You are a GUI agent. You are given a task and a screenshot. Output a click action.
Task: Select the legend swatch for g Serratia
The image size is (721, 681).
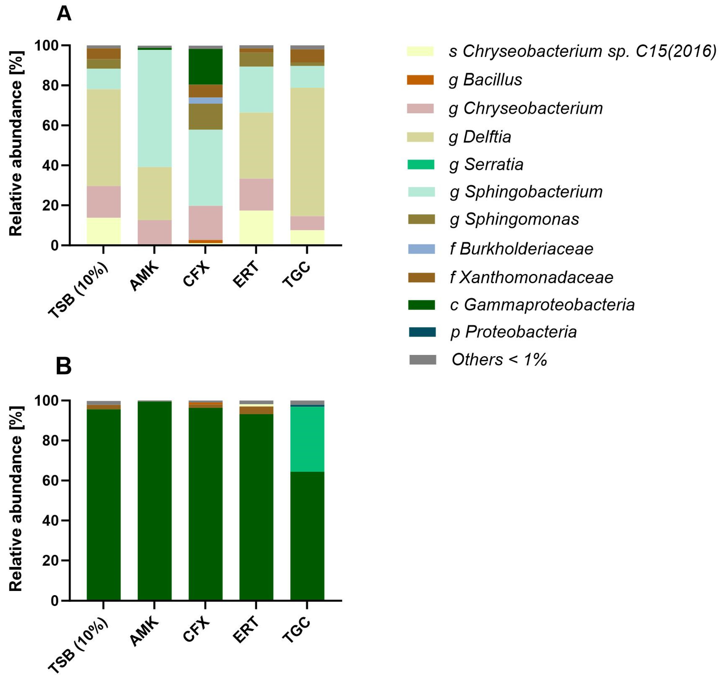[421, 164]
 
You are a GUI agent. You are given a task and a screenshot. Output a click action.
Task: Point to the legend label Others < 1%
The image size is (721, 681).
[499, 360]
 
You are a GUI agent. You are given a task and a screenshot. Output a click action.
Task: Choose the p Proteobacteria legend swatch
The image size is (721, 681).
[422, 332]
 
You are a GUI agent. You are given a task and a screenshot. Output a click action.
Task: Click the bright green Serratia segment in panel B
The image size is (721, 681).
[307, 439]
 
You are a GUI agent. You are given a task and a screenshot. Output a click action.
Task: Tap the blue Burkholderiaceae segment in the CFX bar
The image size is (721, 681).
[206, 100]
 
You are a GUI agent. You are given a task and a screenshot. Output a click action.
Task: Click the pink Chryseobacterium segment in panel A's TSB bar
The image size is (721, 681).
[104, 202]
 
